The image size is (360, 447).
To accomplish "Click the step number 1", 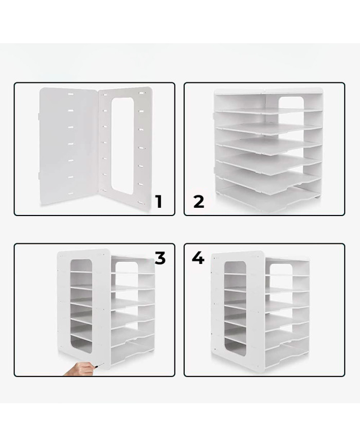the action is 159,202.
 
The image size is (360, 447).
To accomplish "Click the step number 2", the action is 199,202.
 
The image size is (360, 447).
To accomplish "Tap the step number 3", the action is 160,258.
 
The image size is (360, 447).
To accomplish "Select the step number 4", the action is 198,258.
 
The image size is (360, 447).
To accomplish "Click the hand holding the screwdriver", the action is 78,369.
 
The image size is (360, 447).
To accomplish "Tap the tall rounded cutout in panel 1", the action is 122,146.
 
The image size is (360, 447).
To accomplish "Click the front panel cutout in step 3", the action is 82,306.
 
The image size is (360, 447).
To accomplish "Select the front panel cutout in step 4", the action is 235,309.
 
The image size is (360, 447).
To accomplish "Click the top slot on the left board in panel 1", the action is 70,94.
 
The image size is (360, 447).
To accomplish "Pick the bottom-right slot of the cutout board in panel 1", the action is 141,203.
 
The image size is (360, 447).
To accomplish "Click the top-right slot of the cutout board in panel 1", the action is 141,93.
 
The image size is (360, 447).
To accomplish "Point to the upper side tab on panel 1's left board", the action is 39,117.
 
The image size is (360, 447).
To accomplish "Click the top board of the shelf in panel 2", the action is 269,91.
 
